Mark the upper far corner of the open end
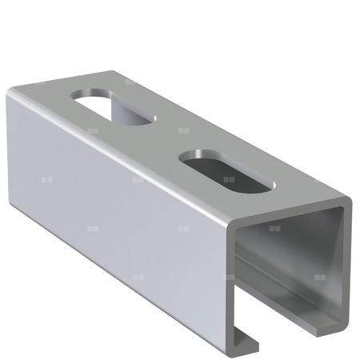[x=350, y=200]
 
